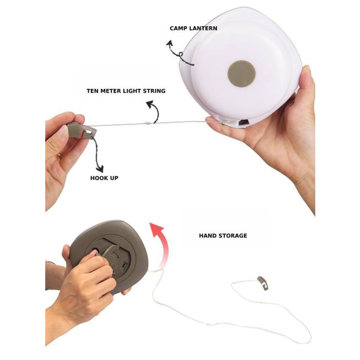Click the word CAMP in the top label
[x=177, y=28]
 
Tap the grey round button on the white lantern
[x=242, y=74]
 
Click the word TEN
[x=93, y=91]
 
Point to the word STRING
[x=154, y=91]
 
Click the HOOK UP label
[x=104, y=178]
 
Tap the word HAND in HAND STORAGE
[x=207, y=236]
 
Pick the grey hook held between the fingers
[x=82, y=130]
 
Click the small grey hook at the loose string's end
[x=263, y=283]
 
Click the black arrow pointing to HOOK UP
[x=97, y=154]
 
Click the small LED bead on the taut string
[x=148, y=123]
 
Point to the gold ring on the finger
[x=60, y=156]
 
